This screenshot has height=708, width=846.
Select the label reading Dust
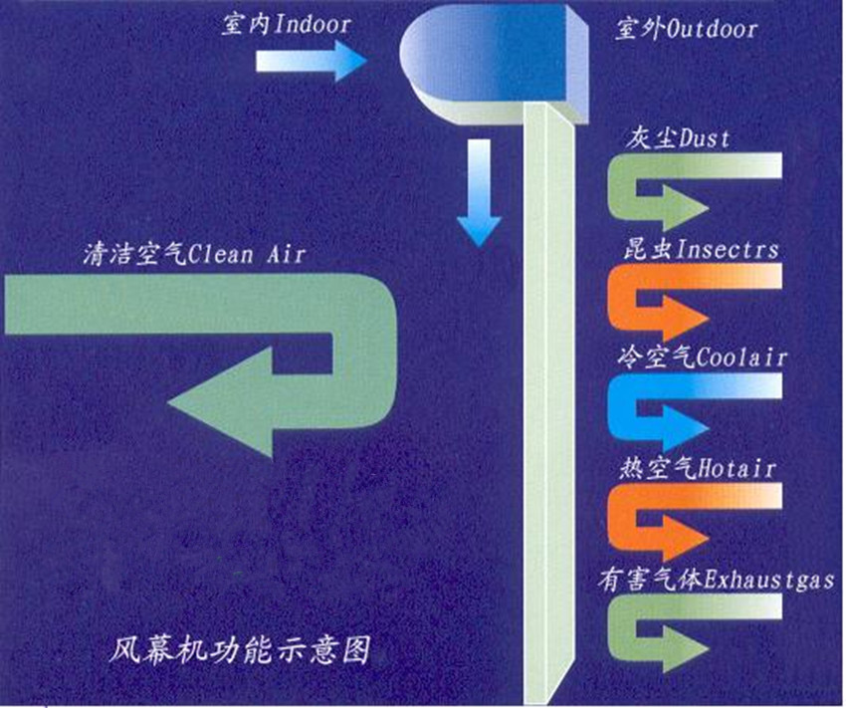[705, 138]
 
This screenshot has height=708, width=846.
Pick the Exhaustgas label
[770, 578]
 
